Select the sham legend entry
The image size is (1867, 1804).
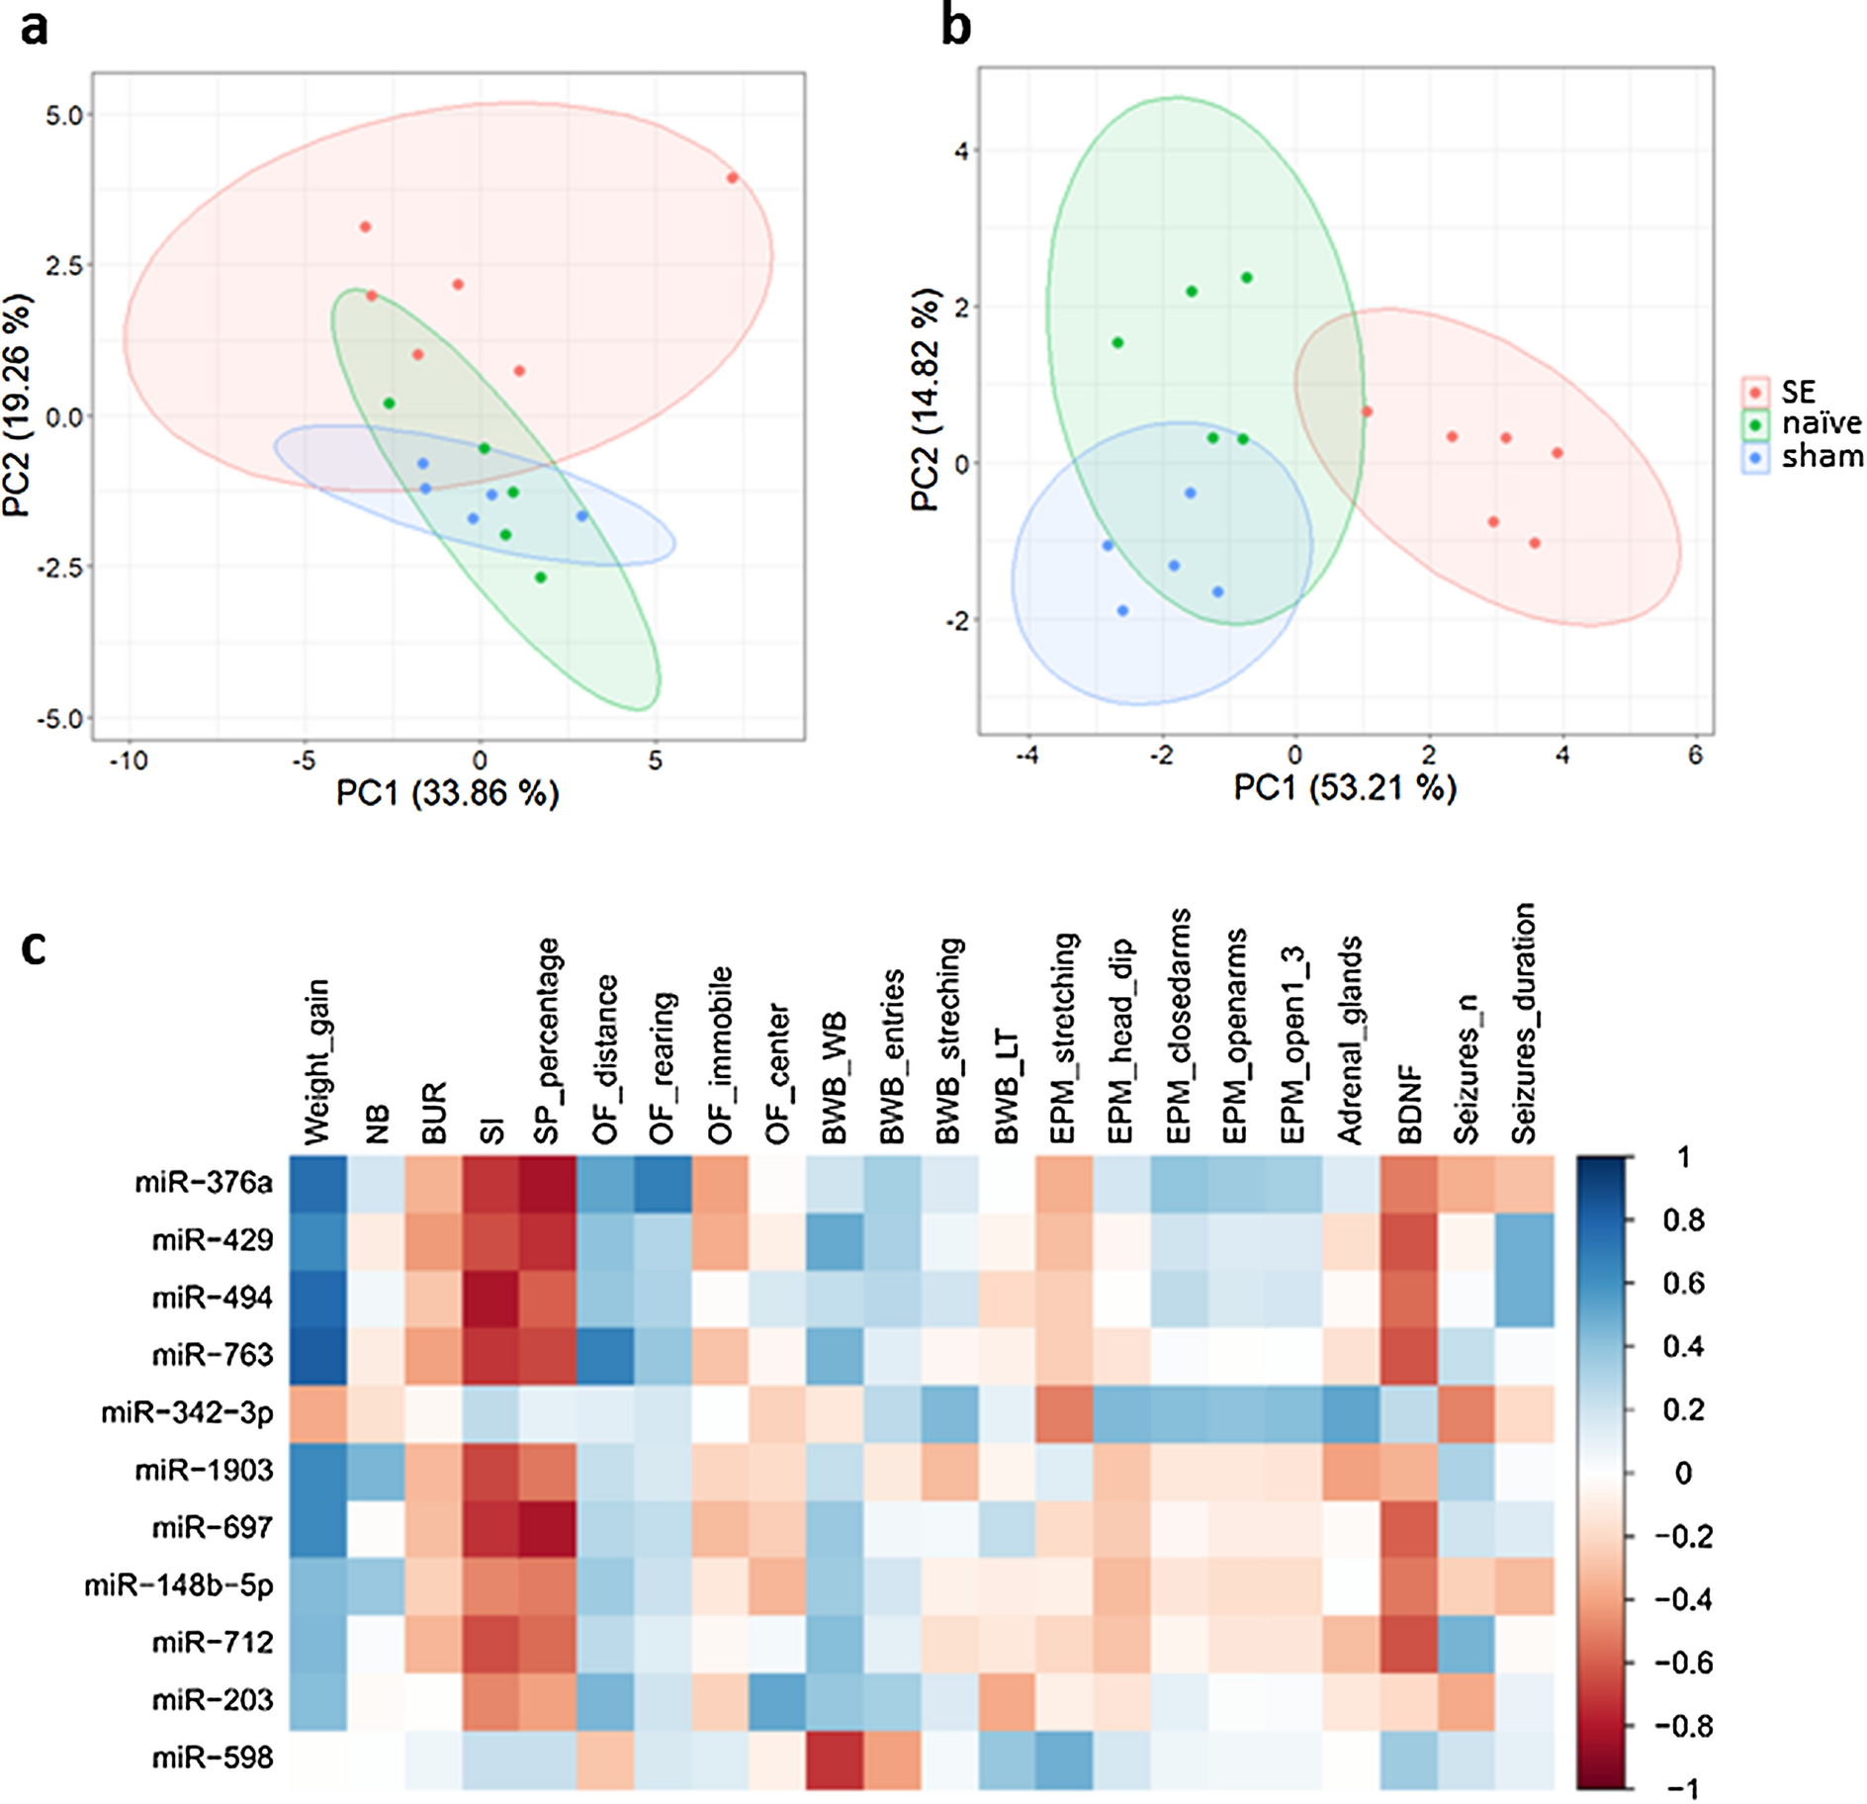1820,457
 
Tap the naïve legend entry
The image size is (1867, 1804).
1820,423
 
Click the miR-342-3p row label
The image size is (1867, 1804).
187,1413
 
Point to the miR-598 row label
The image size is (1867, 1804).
213,1758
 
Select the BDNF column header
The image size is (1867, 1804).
1410,1105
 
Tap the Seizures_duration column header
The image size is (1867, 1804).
1524,1024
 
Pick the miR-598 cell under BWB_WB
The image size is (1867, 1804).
834,1758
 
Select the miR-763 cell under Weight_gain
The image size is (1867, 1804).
317,1355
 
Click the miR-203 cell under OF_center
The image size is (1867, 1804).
776,1700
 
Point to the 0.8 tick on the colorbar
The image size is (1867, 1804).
1683,1220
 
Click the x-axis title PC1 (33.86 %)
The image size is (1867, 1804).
448,793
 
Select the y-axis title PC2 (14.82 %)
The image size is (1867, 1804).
925,400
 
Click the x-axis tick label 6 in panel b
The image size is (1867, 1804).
1695,756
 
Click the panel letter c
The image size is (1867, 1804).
34,947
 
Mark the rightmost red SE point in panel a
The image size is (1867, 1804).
732,178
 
